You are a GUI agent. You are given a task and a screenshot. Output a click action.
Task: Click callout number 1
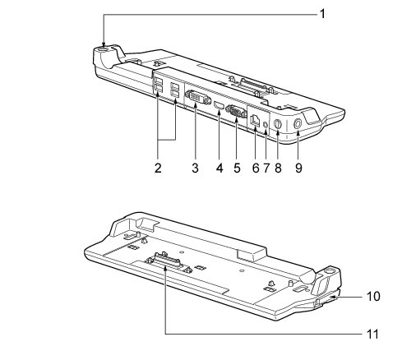323,14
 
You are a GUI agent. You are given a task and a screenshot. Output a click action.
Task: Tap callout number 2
158,168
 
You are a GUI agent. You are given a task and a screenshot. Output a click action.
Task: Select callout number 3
195,168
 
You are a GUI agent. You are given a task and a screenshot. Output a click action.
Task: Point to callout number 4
219,168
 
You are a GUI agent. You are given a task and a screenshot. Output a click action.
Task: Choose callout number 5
237,168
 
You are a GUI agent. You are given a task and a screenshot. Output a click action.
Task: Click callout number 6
256,168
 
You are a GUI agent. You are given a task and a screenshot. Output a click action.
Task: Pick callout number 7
266,168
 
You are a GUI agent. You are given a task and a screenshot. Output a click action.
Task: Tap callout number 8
278,168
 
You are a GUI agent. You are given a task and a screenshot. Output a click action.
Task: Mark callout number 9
298,168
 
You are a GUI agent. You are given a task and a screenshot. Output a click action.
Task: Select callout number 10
373,297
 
